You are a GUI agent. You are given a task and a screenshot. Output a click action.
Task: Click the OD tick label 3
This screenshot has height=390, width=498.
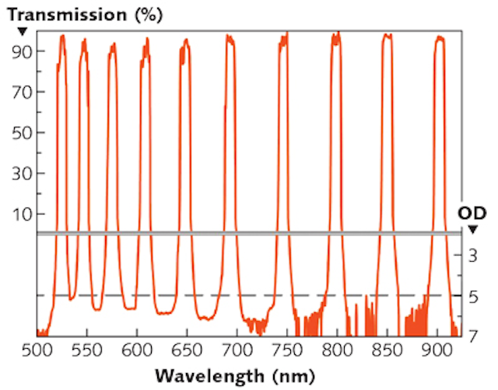pyautogui.click(x=474, y=255)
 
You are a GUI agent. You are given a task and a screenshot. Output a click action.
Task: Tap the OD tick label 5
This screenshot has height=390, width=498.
pyautogui.click(x=474, y=296)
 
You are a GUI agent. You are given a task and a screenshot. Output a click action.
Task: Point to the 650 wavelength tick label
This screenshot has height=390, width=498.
pyautogui.click(x=187, y=350)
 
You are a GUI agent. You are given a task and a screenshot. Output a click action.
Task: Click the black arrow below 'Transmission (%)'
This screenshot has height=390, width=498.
pyautogui.click(x=22, y=31)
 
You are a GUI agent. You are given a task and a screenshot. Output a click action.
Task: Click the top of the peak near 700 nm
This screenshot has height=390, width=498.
pyautogui.click(x=230, y=36)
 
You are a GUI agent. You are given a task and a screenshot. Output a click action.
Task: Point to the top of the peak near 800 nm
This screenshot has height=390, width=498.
pyautogui.click(x=336, y=34)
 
